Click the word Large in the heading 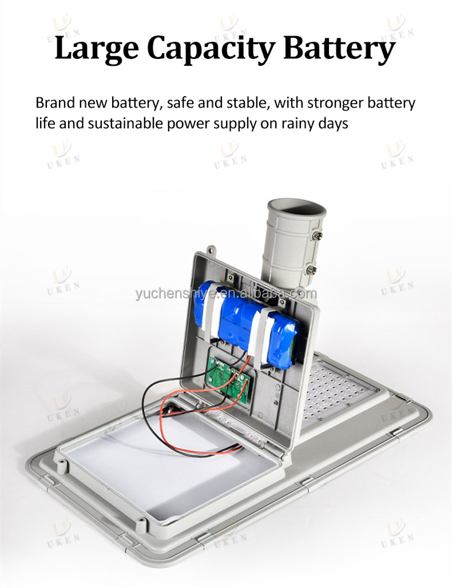[96, 49]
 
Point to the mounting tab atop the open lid [212, 250]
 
